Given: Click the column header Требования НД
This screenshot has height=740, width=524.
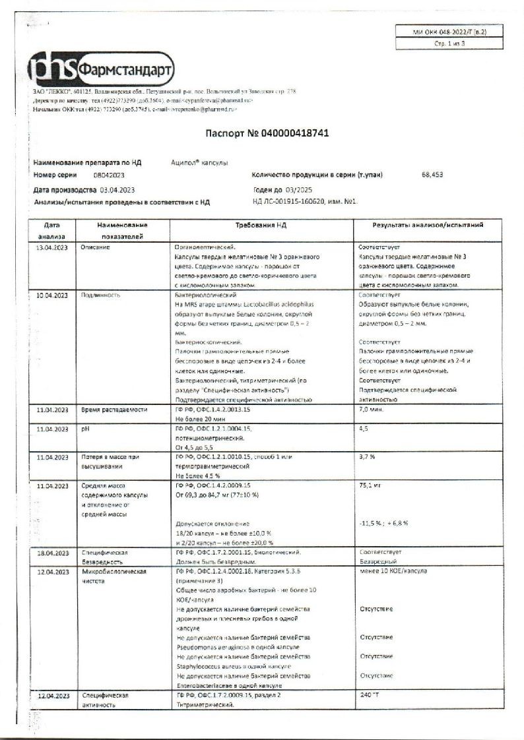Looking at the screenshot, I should [261, 226].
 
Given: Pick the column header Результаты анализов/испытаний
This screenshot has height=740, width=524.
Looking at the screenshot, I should [428, 226].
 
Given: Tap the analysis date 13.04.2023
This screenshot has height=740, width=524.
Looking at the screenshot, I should [51, 247].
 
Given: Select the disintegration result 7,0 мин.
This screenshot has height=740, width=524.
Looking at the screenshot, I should [372, 410].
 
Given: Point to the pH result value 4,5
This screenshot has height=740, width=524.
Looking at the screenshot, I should [364, 429].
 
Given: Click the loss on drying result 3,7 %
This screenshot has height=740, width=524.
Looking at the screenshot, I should [367, 456].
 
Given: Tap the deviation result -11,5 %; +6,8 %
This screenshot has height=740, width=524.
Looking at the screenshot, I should [384, 523].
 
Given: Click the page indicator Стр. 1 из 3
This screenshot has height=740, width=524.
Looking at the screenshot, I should [441, 44].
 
